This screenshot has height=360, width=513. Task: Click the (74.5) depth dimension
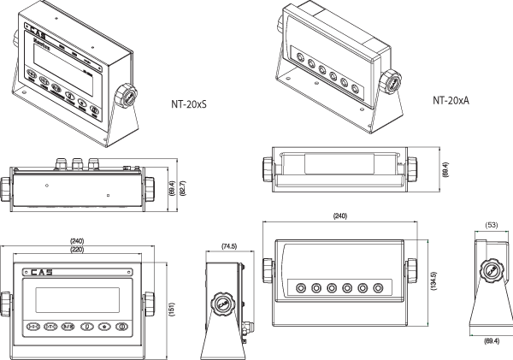(x=228, y=245)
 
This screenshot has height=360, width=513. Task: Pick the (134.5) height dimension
(x=434, y=281)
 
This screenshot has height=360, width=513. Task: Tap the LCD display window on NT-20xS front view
(x=75, y=299)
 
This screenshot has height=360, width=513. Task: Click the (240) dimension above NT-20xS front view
(x=77, y=240)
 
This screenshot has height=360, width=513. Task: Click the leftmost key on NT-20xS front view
(x=33, y=328)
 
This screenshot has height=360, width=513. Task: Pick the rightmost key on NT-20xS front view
(x=123, y=328)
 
